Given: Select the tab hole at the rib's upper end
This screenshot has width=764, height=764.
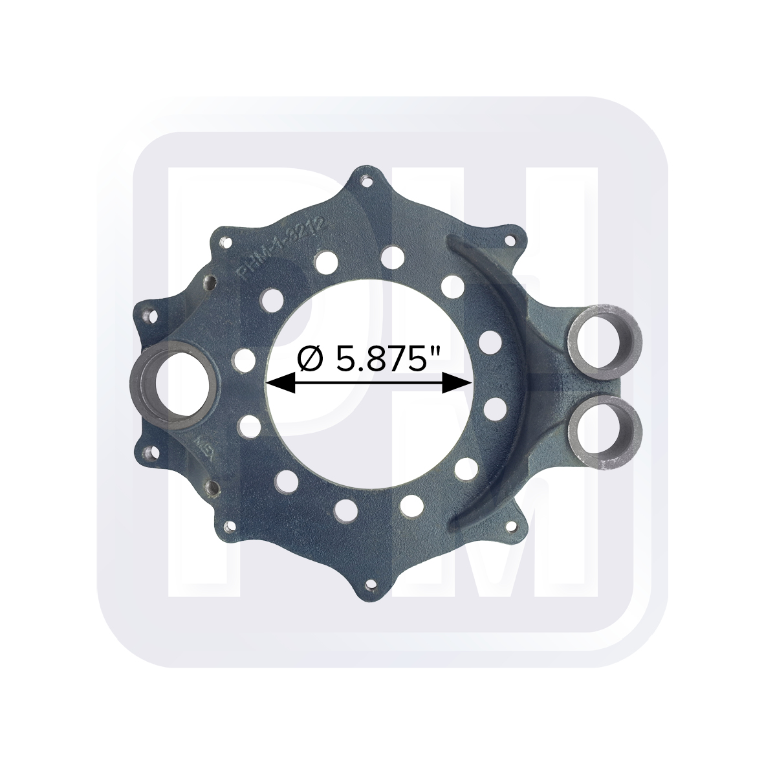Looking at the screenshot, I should (515, 241).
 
